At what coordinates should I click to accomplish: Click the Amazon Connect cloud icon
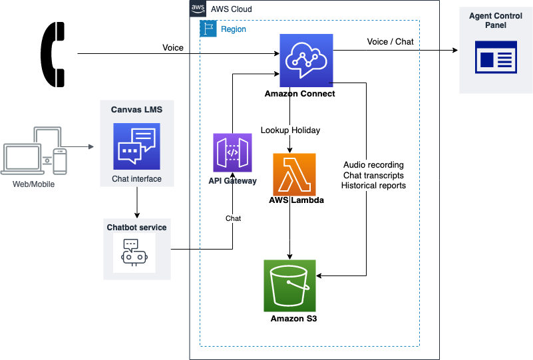pos(306,60)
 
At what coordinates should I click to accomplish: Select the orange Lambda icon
pos(294,174)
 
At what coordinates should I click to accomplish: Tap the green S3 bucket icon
pos(289,285)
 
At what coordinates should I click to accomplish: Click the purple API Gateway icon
pos(232,153)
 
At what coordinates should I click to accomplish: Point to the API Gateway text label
pos(232,181)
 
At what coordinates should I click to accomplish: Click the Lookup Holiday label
pos(290,130)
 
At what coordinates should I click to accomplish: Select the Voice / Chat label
pos(390,42)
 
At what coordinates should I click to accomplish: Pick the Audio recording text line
pos(373,165)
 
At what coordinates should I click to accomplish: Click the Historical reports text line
pos(373,186)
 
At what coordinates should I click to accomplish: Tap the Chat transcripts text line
pos(373,175)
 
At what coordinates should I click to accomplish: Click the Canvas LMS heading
pos(136,109)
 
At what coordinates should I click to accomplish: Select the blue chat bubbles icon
pos(136,146)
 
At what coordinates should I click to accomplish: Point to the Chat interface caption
pos(136,180)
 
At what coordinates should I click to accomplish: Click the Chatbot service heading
pos(136,228)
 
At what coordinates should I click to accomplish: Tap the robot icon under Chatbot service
pos(134,253)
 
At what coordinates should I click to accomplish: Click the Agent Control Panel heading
pos(496,20)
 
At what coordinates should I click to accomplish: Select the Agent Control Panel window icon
pos(496,57)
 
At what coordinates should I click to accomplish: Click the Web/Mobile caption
pos(33,184)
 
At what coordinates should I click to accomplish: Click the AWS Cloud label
pos(231,9)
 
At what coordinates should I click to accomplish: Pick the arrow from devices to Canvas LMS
pos(81,146)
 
